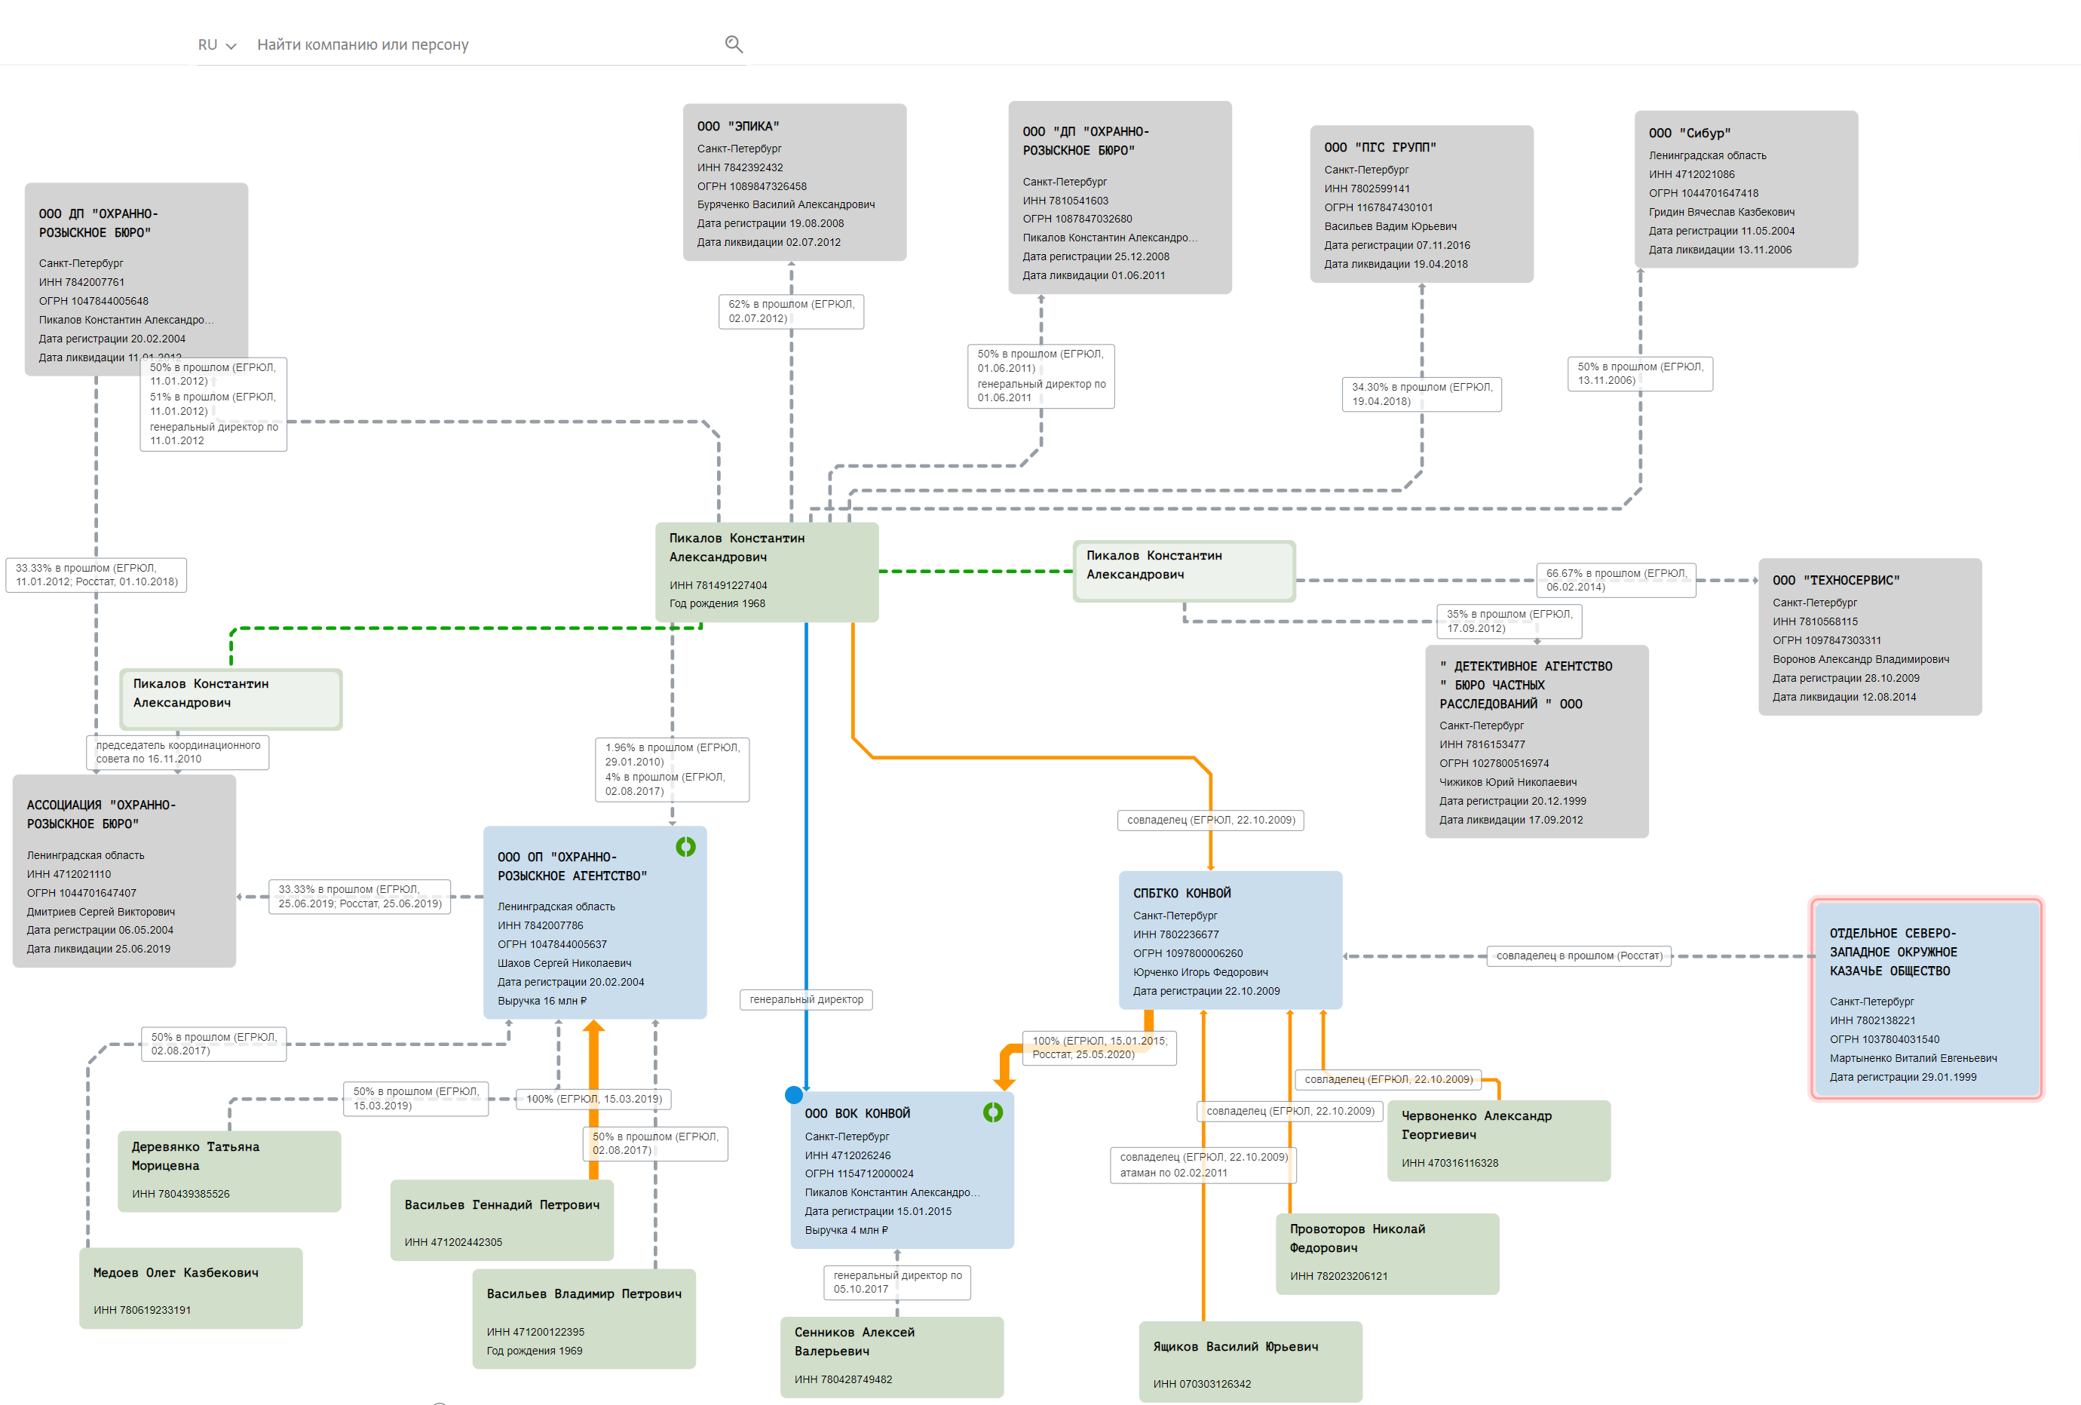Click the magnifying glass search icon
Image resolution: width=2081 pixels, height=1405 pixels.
(x=734, y=44)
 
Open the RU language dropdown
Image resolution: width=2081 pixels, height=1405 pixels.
(x=216, y=44)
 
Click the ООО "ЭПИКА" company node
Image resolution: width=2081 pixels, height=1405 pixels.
(x=794, y=182)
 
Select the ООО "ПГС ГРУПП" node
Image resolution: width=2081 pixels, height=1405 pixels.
(x=1421, y=204)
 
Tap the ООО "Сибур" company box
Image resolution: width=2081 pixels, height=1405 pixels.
(x=1745, y=189)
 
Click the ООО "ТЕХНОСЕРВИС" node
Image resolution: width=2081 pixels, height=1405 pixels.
(x=1869, y=637)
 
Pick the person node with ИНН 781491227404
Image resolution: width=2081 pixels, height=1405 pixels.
(x=767, y=572)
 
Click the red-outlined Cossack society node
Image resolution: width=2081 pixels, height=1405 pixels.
(x=1925, y=999)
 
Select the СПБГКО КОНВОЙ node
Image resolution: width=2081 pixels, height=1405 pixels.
(x=1230, y=940)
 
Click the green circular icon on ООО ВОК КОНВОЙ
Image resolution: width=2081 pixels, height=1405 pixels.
(x=992, y=1112)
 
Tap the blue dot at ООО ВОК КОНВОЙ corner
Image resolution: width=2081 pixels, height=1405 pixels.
(x=793, y=1094)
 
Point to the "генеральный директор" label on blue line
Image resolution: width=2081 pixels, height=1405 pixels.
(x=806, y=999)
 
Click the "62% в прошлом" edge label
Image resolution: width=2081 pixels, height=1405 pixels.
(x=791, y=311)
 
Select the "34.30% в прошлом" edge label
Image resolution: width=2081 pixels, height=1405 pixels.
(x=1421, y=394)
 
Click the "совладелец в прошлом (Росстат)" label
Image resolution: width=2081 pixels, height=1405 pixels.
(x=1579, y=956)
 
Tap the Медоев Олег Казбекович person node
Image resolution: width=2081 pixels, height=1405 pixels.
(x=191, y=1287)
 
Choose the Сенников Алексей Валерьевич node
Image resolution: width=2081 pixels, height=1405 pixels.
(x=891, y=1356)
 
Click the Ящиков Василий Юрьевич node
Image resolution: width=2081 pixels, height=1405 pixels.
(x=1250, y=1361)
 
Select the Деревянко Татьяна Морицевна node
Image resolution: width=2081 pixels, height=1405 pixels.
(x=229, y=1170)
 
